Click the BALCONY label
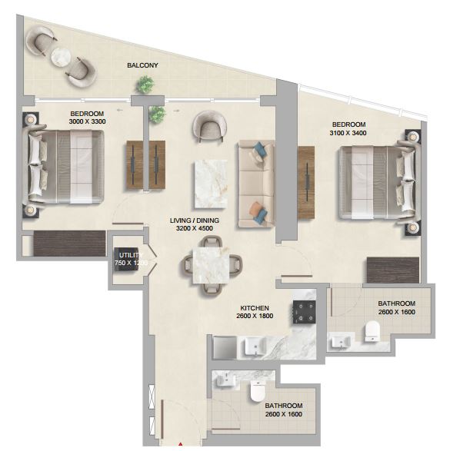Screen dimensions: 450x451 [x=142, y=65]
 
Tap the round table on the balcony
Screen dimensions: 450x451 [x=61, y=57]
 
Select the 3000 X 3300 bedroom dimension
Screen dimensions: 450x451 [x=87, y=121]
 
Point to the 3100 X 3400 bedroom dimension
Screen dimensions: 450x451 [x=348, y=133]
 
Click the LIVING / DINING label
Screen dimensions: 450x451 [x=195, y=221]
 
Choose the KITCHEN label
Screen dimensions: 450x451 [x=255, y=308]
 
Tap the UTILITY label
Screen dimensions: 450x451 [x=131, y=255]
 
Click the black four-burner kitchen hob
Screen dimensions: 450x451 [x=305, y=312]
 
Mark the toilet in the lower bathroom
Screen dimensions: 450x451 [x=257, y=391]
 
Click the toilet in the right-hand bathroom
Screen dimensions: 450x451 [x=372, y=331]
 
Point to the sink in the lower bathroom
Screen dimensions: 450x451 [x=225, y=380]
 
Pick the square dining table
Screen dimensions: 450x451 [x=211, y=266]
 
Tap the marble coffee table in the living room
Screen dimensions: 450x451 [x=211, y=184]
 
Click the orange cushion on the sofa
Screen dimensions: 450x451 [x=255, y=207]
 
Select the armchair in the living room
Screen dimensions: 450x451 [x=210, y=126]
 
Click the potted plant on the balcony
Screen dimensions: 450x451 [x=145, y=85]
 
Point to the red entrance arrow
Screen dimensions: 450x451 [x=181, y=445]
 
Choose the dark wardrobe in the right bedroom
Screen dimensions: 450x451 [x=393, y=270]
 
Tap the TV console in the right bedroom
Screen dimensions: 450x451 [x=306, y=183]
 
